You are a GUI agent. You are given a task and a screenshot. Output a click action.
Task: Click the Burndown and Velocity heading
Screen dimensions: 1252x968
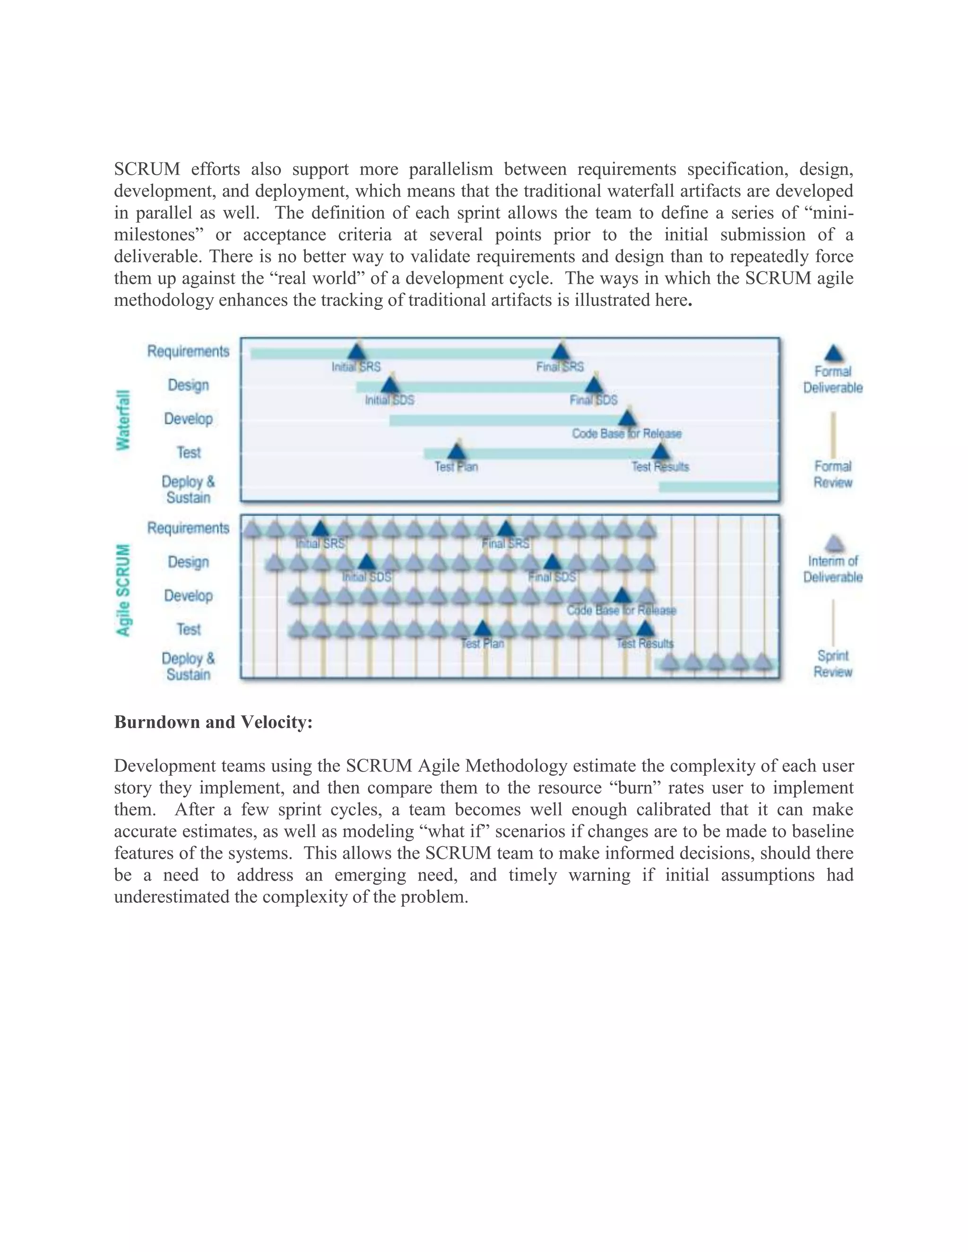[x=213, y=722]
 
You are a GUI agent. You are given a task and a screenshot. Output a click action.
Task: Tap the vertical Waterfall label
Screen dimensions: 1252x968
[x=123, y=420]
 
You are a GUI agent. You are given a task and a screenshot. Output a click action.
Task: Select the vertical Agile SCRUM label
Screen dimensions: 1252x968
[x=123, y=590]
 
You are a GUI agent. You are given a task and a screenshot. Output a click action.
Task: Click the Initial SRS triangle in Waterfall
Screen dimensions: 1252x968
[x=357, y=352]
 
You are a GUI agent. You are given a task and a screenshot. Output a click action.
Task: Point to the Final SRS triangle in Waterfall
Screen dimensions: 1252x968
[x=560, y=352]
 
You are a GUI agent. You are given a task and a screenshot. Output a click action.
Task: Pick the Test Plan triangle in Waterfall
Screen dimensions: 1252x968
[x=457, y=452]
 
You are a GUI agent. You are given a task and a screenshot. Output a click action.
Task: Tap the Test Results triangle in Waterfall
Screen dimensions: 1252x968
[x=661, y=452]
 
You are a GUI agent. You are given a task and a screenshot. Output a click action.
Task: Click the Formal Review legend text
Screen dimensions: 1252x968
[x=833, y=474]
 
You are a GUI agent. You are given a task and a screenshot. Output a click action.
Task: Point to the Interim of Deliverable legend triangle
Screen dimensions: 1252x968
[x=833, y=543]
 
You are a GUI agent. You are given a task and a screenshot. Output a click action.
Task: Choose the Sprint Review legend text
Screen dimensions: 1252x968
[x=833, y=663]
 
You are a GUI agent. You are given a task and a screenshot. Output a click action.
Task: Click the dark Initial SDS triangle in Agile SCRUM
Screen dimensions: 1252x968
[x=366, y=563]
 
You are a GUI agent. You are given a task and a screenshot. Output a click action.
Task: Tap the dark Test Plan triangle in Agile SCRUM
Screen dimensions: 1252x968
[x=483, y=629]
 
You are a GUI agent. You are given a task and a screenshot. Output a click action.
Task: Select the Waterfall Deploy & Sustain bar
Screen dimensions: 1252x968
[x=718, y=487]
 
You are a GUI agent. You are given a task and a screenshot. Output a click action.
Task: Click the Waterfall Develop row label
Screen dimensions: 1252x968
[x=188, y=419]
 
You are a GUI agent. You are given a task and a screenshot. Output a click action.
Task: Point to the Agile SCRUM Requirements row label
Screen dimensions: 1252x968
[x=188, y=528]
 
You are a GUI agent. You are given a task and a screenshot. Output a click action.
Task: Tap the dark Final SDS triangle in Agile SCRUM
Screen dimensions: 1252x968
[x=552, y=563]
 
